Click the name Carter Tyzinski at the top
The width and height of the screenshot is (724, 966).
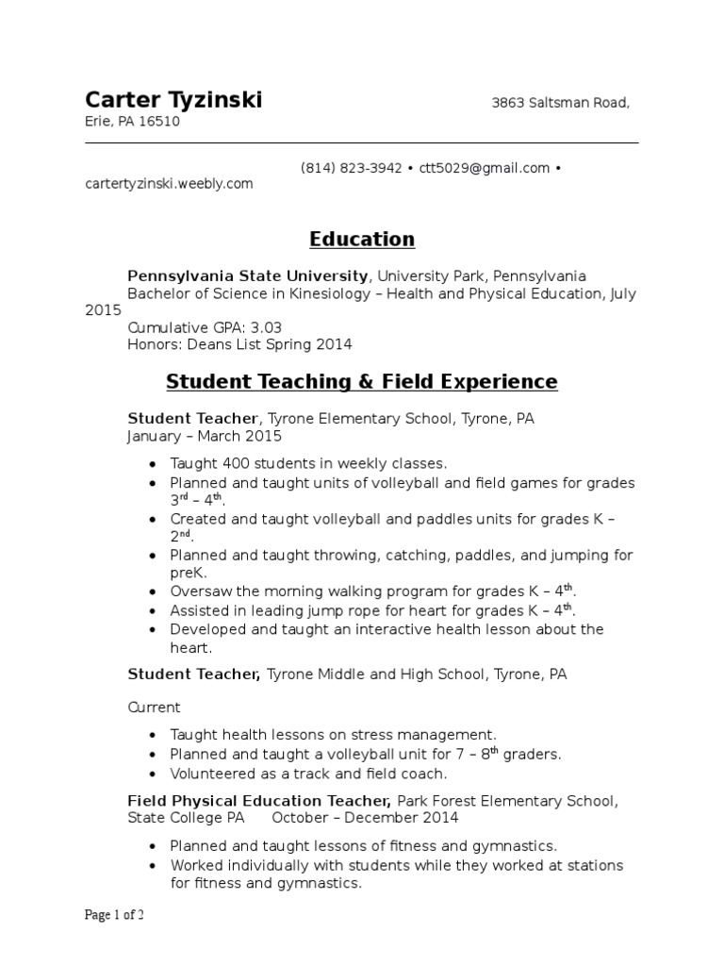coord(173,100)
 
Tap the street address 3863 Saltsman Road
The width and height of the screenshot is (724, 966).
coord(560,103)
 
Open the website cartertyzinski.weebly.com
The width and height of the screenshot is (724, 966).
coord(170,184)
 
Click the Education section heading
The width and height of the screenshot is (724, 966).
coord(362,239)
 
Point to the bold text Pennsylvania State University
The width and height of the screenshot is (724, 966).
coord(248,276)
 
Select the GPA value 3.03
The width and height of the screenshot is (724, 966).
coord(265,327)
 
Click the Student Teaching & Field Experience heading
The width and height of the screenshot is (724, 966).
coord(362,382)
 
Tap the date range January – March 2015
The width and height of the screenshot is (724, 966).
coord(204,437)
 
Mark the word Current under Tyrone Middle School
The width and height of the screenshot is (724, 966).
coord(154,707)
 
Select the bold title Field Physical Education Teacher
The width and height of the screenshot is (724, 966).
coord(259,801)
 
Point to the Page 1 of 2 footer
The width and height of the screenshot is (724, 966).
coord(115,915)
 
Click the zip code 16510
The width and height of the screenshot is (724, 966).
coord(159,122)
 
